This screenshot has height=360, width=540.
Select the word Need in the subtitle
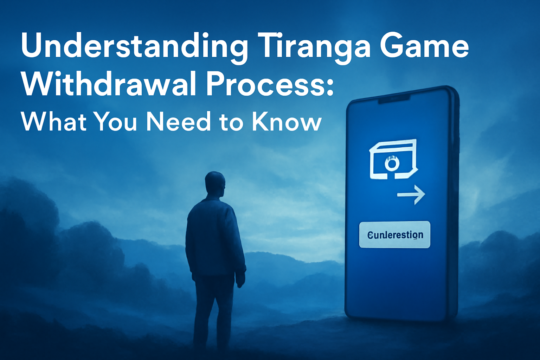pos(178,122)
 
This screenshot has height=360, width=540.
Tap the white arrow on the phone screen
pos(411,194)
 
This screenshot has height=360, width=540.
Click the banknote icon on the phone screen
pos(393,159)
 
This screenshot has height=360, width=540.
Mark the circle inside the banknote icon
pos(392,163)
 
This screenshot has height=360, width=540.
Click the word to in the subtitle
pos(231,122)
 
